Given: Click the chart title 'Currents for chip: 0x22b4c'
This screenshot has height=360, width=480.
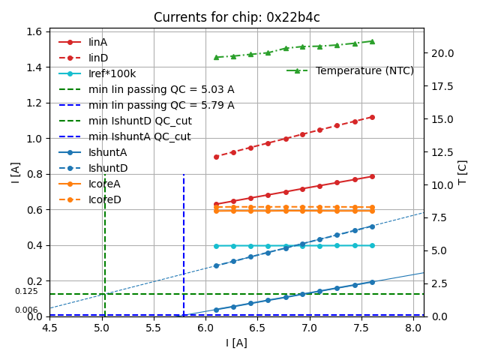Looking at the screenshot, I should point(236,17).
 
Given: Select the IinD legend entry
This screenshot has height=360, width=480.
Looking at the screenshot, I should point(97,58).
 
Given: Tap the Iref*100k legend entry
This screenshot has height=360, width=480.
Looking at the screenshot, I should point(112,73).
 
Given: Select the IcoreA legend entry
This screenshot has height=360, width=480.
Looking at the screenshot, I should point(104,184).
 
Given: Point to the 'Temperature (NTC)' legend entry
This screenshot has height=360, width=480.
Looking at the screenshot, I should point(364,70).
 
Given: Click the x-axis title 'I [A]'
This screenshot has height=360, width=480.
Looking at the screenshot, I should point(236,343).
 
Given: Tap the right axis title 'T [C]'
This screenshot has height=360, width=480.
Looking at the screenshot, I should point(462,172).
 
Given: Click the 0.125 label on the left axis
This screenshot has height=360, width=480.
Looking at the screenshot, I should point(26,291).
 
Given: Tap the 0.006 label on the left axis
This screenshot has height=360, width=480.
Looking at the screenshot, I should point(26,310).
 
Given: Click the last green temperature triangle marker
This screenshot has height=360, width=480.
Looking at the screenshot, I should point(372,41).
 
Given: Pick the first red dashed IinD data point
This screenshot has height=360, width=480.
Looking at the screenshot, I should point(216,157).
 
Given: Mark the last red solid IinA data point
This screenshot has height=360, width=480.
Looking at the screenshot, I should point(372,176).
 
